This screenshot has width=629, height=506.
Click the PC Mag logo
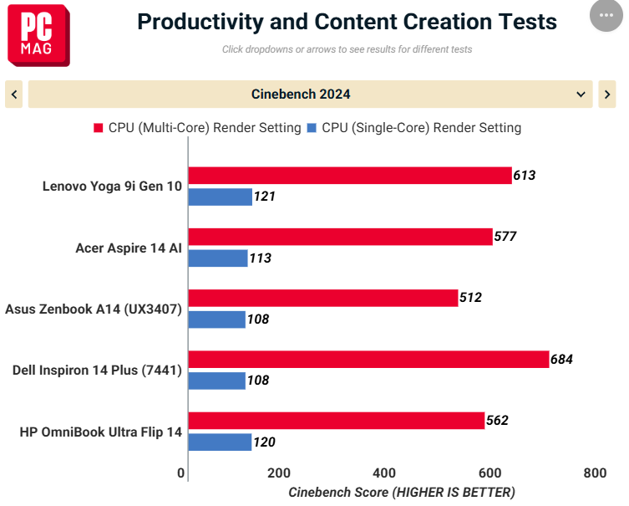[38, 35]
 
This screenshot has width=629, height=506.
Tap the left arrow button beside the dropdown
[14, 95]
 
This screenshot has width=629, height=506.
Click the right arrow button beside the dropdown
[607, 95]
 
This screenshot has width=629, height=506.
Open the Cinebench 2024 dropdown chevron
[581, 95]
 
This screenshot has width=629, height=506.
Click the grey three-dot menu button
[606, 15]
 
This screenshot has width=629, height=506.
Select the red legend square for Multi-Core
[99, 128]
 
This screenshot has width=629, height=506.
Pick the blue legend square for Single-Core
[312, 128]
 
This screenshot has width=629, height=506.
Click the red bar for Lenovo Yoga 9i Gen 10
[350, 176]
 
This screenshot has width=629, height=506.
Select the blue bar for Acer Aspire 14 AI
[218, 258]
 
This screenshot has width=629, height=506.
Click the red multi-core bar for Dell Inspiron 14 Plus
[368, 360]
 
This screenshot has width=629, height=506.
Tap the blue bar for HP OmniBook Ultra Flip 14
[220, 442]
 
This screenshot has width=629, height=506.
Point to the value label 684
[561, 359]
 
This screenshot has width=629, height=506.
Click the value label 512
[470, 298]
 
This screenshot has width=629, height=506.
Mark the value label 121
[264, 197]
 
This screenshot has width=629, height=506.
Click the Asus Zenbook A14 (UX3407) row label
[94, 309]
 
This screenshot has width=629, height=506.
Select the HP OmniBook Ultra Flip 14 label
[101, 432]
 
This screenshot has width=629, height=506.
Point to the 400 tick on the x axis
[384, 473]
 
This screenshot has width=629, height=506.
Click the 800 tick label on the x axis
[595, 473]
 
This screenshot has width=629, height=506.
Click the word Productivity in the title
[200, 22]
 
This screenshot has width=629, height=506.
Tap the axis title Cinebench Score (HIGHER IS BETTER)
[402, 493]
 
